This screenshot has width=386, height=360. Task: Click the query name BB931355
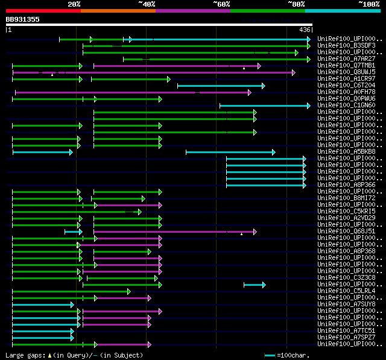tap(23, 19)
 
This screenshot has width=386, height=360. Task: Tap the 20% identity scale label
tap(74, 4)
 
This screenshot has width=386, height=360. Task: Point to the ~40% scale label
tap(147, 4)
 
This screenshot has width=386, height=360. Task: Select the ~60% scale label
tap(221, 4)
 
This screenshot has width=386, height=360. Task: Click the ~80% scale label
tap(296, 4)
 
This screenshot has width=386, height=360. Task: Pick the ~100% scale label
tap(369, 4)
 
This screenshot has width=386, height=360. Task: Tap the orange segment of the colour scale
tap(118, 10)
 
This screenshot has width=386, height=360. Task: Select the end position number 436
tap(305, 30)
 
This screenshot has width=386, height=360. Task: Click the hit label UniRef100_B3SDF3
tap(346, 46)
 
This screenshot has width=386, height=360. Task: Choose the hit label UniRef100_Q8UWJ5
tap(346, 72)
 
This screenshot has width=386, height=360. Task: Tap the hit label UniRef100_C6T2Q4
tap(346, 86)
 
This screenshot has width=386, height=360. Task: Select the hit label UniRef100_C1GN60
tap(346, 106)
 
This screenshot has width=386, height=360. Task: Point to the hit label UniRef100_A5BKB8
tap(346, 152)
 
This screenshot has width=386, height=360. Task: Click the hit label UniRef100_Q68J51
tap(346, 232)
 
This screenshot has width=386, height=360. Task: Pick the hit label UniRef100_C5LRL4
tap(346, 291)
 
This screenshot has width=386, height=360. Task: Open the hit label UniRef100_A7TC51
tap(346, 331)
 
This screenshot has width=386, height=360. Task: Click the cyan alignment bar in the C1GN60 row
tap(264, 106)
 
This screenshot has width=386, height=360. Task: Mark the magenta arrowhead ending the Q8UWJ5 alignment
tap(294, 72)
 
